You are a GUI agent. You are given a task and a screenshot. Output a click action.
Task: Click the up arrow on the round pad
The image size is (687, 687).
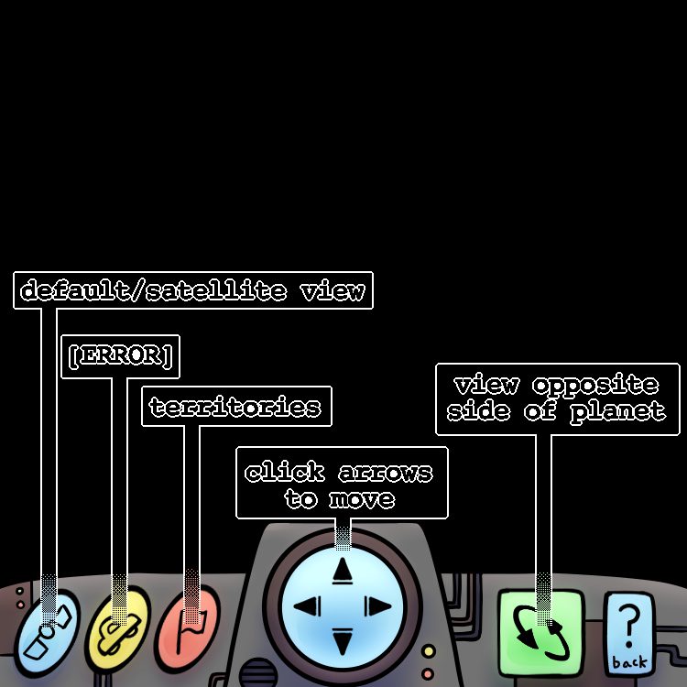coord(343,571)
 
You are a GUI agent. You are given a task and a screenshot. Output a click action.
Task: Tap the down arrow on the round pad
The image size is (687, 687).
coord(343,641)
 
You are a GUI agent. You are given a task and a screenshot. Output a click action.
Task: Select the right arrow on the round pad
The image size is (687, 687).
coord(377,606)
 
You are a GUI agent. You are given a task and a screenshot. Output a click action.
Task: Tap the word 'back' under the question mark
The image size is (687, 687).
coord(629,661)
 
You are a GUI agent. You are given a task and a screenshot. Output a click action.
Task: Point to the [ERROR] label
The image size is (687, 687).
coord(120,356)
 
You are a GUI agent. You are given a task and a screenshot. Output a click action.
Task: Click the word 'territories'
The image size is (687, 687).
coord(235,407)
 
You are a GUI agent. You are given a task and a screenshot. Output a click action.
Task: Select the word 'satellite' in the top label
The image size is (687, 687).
coord(215,292)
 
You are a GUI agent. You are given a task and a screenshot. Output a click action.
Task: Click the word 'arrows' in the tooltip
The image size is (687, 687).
coord(385,473)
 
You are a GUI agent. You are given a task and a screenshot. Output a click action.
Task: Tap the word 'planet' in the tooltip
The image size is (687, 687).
coord(618,411)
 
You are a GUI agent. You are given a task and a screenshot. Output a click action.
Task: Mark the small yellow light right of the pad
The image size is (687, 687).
coord(429,651)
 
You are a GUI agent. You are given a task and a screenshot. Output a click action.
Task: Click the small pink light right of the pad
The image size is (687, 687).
coord(429,670)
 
